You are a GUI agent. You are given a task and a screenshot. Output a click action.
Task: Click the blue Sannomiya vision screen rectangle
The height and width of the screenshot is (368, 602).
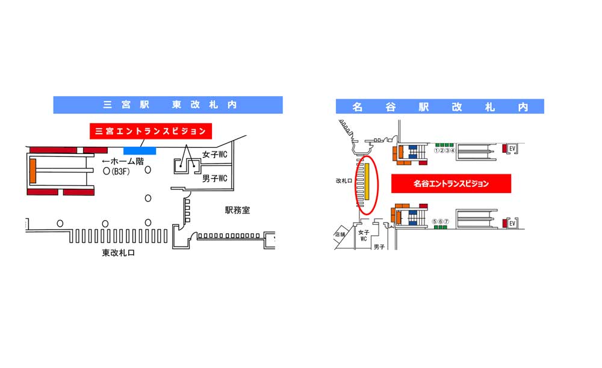click(140, 150)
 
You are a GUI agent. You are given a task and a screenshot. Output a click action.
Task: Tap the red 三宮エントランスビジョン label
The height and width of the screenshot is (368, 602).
click(148, 131)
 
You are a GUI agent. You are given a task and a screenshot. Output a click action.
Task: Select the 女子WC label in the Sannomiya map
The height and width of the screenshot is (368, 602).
click(215, 155)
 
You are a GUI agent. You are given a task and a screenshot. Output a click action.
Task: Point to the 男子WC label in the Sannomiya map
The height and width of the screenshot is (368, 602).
click(215, 179)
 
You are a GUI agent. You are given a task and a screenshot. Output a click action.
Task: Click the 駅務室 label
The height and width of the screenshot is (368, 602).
click(238, 210)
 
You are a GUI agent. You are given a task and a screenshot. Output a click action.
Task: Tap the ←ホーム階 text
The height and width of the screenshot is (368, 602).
click(123, 161)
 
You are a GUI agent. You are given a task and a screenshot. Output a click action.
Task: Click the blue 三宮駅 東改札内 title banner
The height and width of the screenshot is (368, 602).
click(167, 105)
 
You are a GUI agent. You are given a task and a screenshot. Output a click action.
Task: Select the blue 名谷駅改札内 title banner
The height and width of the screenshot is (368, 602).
click(439, 106)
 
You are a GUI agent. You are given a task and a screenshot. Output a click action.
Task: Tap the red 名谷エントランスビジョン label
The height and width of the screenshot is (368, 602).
click(451, 184)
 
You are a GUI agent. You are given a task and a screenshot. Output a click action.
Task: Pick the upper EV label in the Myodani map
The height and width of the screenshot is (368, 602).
click(512, 148)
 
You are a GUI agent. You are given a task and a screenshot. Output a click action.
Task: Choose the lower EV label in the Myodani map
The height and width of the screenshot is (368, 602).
click(512, 224)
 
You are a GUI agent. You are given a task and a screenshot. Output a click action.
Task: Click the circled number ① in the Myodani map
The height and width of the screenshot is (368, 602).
click(435, 150)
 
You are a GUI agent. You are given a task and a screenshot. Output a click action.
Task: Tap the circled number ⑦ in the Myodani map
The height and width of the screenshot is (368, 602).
click(446, 221)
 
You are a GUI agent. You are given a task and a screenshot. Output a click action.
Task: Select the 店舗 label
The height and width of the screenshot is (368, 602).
click(341, 235)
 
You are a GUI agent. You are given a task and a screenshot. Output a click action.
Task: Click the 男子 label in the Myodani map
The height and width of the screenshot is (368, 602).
click(379, 247)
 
